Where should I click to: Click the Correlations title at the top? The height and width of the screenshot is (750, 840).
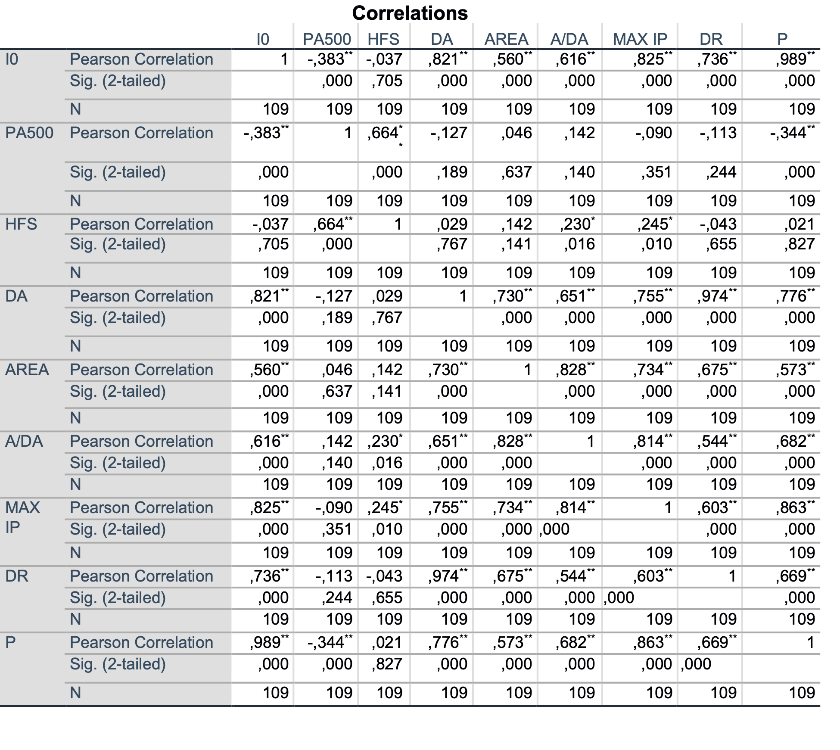tap(410, 13)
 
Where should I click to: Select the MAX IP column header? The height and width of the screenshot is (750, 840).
tap(640, 39)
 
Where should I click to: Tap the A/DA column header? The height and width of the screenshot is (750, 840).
tap(569, 39)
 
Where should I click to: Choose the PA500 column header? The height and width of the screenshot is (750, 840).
tap(327, 39)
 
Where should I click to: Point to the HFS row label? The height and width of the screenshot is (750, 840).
tap(21, 224)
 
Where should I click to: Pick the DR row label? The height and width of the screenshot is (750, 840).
tap(17, 576)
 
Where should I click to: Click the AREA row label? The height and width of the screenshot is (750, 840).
tap(27, 370)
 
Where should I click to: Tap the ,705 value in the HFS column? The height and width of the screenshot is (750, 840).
tap(387, 81)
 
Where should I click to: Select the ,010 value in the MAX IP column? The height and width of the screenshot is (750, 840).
tap(656, 244)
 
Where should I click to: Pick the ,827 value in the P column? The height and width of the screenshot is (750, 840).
tap(800, 244)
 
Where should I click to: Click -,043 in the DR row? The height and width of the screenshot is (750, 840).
tap(384, 576)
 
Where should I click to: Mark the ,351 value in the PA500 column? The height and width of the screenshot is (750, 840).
tap(337, 529)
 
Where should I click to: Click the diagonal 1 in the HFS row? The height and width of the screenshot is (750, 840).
tap(398, 224)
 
